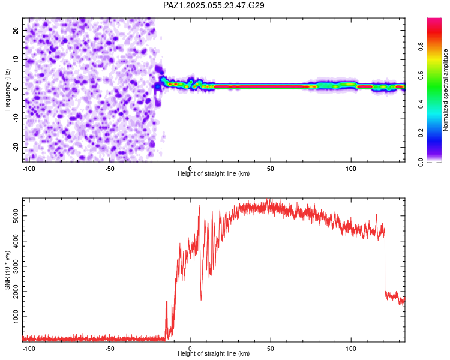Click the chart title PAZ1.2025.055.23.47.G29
(x=214, y=5)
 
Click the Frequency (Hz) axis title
(x=7, y=89)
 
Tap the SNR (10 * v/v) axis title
(x=7, y=269)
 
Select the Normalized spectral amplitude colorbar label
(x=445, y=89)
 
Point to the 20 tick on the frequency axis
(x=16, y=30)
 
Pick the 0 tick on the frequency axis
(x=18, y=88)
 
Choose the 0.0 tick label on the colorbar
(x=422, y=161)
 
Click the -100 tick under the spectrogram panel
(x=29, y=168)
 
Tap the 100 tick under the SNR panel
(x=351, y=348)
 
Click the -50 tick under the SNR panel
(x=110, y=348)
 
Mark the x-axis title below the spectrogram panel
(x=214, y=174)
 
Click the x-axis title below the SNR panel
(x=214, y=354)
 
